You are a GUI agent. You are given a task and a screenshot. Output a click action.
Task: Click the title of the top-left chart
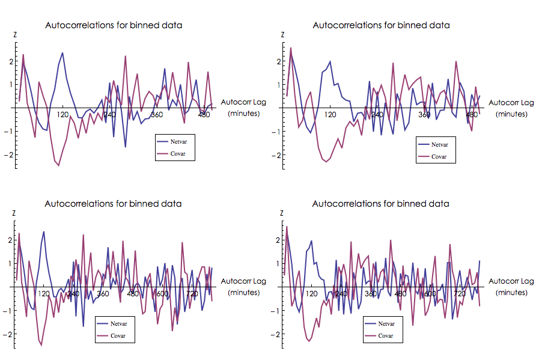114,25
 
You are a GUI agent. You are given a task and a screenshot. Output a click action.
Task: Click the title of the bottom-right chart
380,204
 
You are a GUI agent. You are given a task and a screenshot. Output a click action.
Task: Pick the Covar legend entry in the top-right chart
440,156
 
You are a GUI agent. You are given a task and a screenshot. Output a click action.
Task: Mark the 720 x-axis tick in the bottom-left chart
192,293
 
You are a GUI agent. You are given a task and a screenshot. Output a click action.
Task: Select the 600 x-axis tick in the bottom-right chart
430,293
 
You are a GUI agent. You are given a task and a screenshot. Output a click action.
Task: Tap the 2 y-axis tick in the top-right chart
279,61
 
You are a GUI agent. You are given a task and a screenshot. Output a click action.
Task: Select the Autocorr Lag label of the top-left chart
243,103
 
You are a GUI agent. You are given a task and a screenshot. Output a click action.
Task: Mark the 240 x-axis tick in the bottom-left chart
73,293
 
